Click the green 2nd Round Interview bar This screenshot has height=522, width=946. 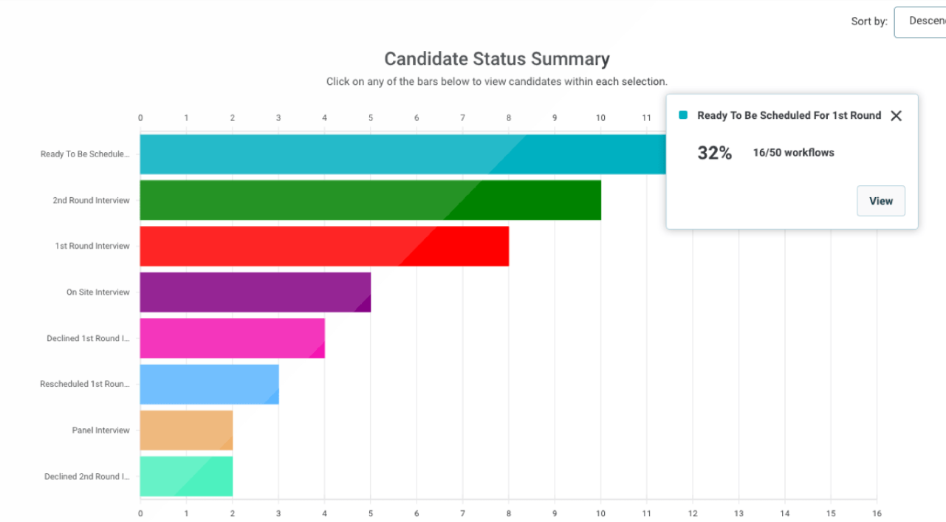(x=369, y=200)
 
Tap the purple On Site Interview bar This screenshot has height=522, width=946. (x=255, y=292)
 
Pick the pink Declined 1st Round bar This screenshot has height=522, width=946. (x=232, y=338)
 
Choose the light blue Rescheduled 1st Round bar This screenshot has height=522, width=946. (x=209, y=384)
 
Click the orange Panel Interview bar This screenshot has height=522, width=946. (x=186, y=430)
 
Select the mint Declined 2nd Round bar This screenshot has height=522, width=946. (x=186, y=476)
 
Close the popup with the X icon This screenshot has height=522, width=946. (x=896, y=116)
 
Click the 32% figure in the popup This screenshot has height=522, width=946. (x=714, y=153)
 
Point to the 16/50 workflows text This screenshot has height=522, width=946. (x=793, y=153)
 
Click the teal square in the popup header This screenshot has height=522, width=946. (x=683, y=115)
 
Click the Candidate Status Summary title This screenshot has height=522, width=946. (x=497, y=59)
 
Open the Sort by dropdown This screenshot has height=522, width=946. (x=920, y=21)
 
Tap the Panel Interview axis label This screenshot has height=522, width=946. (x=100, y=430)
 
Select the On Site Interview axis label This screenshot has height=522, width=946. (x=97, y=292)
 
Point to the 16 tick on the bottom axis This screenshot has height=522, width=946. (x=877, y=513)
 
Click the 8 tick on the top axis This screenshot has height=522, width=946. (x=508, y=118)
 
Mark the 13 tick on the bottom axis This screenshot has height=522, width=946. (x=738, y=513)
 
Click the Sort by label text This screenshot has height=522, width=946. (x=868, y=21)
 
